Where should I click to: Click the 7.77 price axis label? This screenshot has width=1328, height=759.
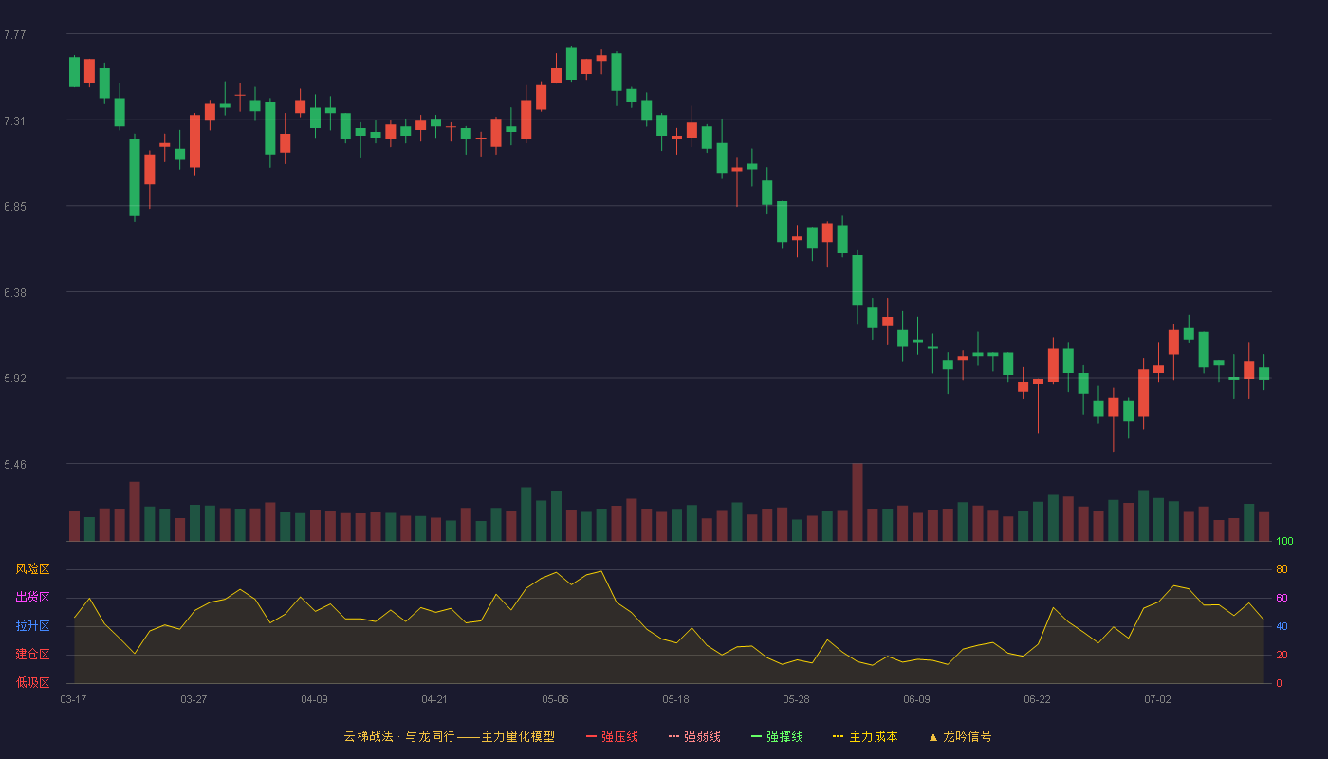coord(15,35)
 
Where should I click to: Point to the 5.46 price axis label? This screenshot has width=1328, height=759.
coord(15,464)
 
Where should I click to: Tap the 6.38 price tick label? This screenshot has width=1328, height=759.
coord(15,293)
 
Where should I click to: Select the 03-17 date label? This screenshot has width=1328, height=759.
coord(74,700)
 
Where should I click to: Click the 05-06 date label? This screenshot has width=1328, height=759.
coord(555,700)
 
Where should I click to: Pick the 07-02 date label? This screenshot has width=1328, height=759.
coord(1157,700)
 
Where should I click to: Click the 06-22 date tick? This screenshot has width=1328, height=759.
coord(1037,700)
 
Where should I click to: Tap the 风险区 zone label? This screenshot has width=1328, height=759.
coord(32,569)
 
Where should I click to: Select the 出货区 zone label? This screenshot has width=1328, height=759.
coord(32,597)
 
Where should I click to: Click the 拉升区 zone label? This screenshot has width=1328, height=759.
coord(32,625)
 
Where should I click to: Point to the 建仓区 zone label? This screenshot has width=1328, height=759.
coord(32,654)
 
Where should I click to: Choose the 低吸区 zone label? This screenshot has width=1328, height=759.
coord(32,682)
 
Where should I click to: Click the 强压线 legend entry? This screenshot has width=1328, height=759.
coord(612,736)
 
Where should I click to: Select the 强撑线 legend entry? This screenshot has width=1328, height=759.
coord(777,736)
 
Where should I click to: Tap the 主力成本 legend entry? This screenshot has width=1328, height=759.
coord(865,736)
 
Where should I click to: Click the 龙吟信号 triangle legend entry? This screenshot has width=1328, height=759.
coord(960,736)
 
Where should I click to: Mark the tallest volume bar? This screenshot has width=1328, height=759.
coord(858,502)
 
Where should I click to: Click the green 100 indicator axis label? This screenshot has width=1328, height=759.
coord(1284,541)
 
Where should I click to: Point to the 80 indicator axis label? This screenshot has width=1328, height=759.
coord(1282,569)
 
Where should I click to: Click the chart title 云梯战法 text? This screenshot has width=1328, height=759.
coord(369,736)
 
